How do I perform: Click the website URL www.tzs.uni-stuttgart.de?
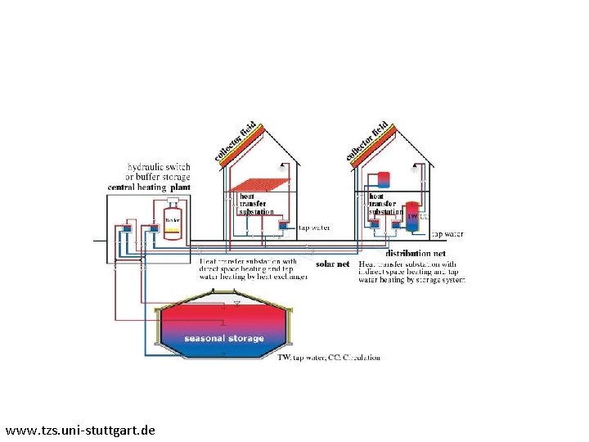coord(79,429)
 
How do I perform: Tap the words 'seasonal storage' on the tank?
coord(223,338)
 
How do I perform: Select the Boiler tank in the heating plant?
coord(172,223)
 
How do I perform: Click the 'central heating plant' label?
coord(149,187)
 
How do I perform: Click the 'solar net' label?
coord(332,264)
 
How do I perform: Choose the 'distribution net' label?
coord(416,254)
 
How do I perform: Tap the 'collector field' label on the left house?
coord(236,140)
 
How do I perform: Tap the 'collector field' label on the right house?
coord(368,140)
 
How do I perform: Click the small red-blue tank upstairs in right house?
coord(384,178)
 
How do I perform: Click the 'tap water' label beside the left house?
coord(314,228)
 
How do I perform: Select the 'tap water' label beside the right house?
coord(447,234)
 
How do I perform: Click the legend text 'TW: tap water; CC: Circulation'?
coord(328,358)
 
